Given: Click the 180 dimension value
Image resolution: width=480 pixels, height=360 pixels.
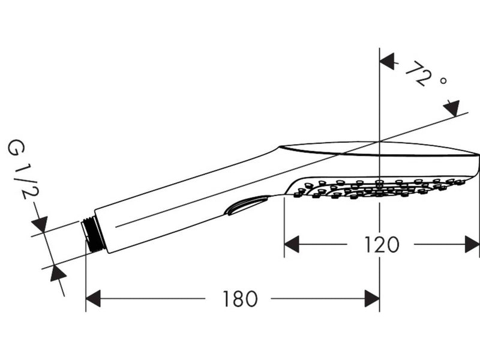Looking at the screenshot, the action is coord(240,299).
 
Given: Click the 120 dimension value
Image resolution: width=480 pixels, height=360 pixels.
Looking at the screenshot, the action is coord(382,245).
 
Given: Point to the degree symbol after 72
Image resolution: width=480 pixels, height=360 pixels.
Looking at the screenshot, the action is coord(443,80).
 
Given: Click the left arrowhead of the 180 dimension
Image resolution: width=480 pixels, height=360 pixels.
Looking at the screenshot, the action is coord(93,299).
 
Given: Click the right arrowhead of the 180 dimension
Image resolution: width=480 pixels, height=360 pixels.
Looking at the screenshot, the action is coord(372,299).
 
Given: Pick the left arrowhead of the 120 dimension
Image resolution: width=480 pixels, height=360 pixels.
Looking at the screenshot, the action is coord(292,244).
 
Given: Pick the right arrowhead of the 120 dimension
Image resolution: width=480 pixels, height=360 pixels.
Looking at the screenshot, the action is coord(472,244).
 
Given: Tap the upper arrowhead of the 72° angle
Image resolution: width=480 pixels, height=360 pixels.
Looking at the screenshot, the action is coord(387,62).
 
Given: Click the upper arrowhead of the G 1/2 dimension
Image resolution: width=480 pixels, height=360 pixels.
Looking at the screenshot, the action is coord(40,224).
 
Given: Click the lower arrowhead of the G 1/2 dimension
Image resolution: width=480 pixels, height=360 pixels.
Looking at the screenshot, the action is coord(58,274).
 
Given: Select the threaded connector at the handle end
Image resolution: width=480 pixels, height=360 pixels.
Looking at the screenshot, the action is coord(93,234).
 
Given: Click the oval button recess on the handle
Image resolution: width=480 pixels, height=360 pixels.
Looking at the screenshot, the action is coord(246,205).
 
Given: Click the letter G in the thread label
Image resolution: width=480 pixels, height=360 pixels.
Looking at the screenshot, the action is coord(16,147).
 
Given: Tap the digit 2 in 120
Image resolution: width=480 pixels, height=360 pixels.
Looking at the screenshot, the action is coord(382,245).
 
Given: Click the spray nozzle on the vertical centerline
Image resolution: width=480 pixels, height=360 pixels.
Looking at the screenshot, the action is coord(380,183).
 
